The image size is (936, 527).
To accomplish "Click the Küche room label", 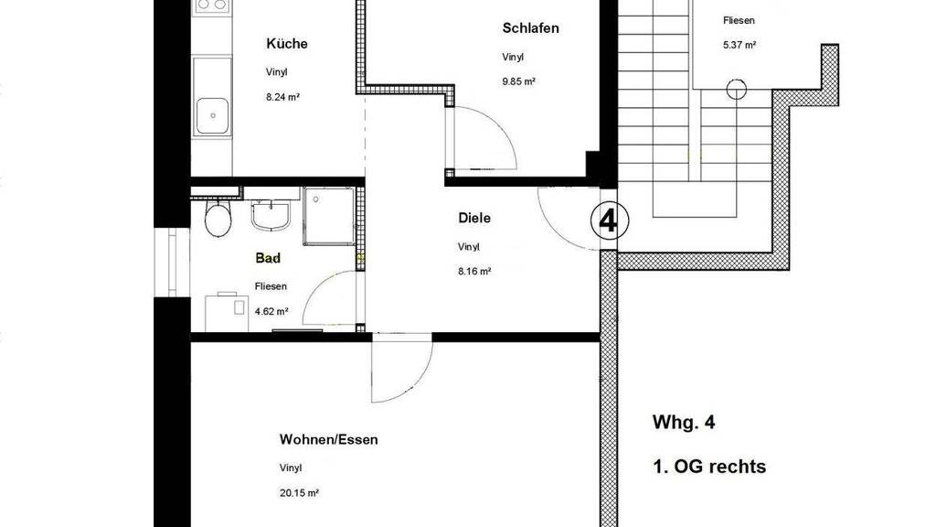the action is click(286, 44).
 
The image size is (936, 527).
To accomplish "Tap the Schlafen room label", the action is click(531, 28).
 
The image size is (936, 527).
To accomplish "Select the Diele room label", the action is click(474, 218).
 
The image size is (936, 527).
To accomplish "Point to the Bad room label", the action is click(268, 258).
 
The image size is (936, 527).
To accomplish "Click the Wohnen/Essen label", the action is click(329, 440).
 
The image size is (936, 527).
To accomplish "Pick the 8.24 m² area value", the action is click(283, 97).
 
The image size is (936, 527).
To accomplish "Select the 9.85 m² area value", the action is click(519, 81).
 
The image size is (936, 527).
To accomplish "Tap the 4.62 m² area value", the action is click(271, 311).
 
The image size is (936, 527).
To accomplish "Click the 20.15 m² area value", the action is click(299, 493).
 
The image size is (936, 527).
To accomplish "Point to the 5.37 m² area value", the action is click(739, 45).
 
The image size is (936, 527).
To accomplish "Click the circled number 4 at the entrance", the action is click(609, 221).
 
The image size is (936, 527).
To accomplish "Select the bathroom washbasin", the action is click(271, 215).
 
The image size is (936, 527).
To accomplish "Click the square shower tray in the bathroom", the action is click(329, 216).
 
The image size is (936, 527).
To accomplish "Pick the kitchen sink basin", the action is click(212, 116).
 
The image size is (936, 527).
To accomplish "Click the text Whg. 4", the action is click(684, 423).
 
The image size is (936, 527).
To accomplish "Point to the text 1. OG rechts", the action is click(709, 467).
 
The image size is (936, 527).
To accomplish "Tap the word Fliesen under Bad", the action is click(271, 286).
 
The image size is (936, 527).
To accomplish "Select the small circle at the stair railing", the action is click(737, 90).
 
